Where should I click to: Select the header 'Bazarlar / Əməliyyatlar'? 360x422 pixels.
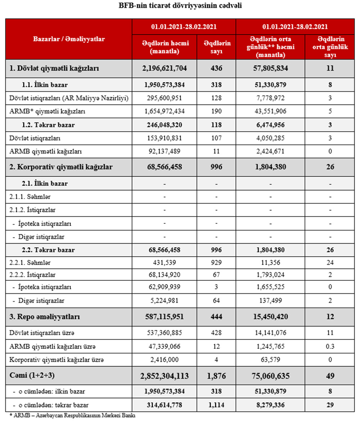pyautogui.click(x=69, y=39)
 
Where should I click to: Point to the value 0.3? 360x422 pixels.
pyautogui.click(x=330, y=347)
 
